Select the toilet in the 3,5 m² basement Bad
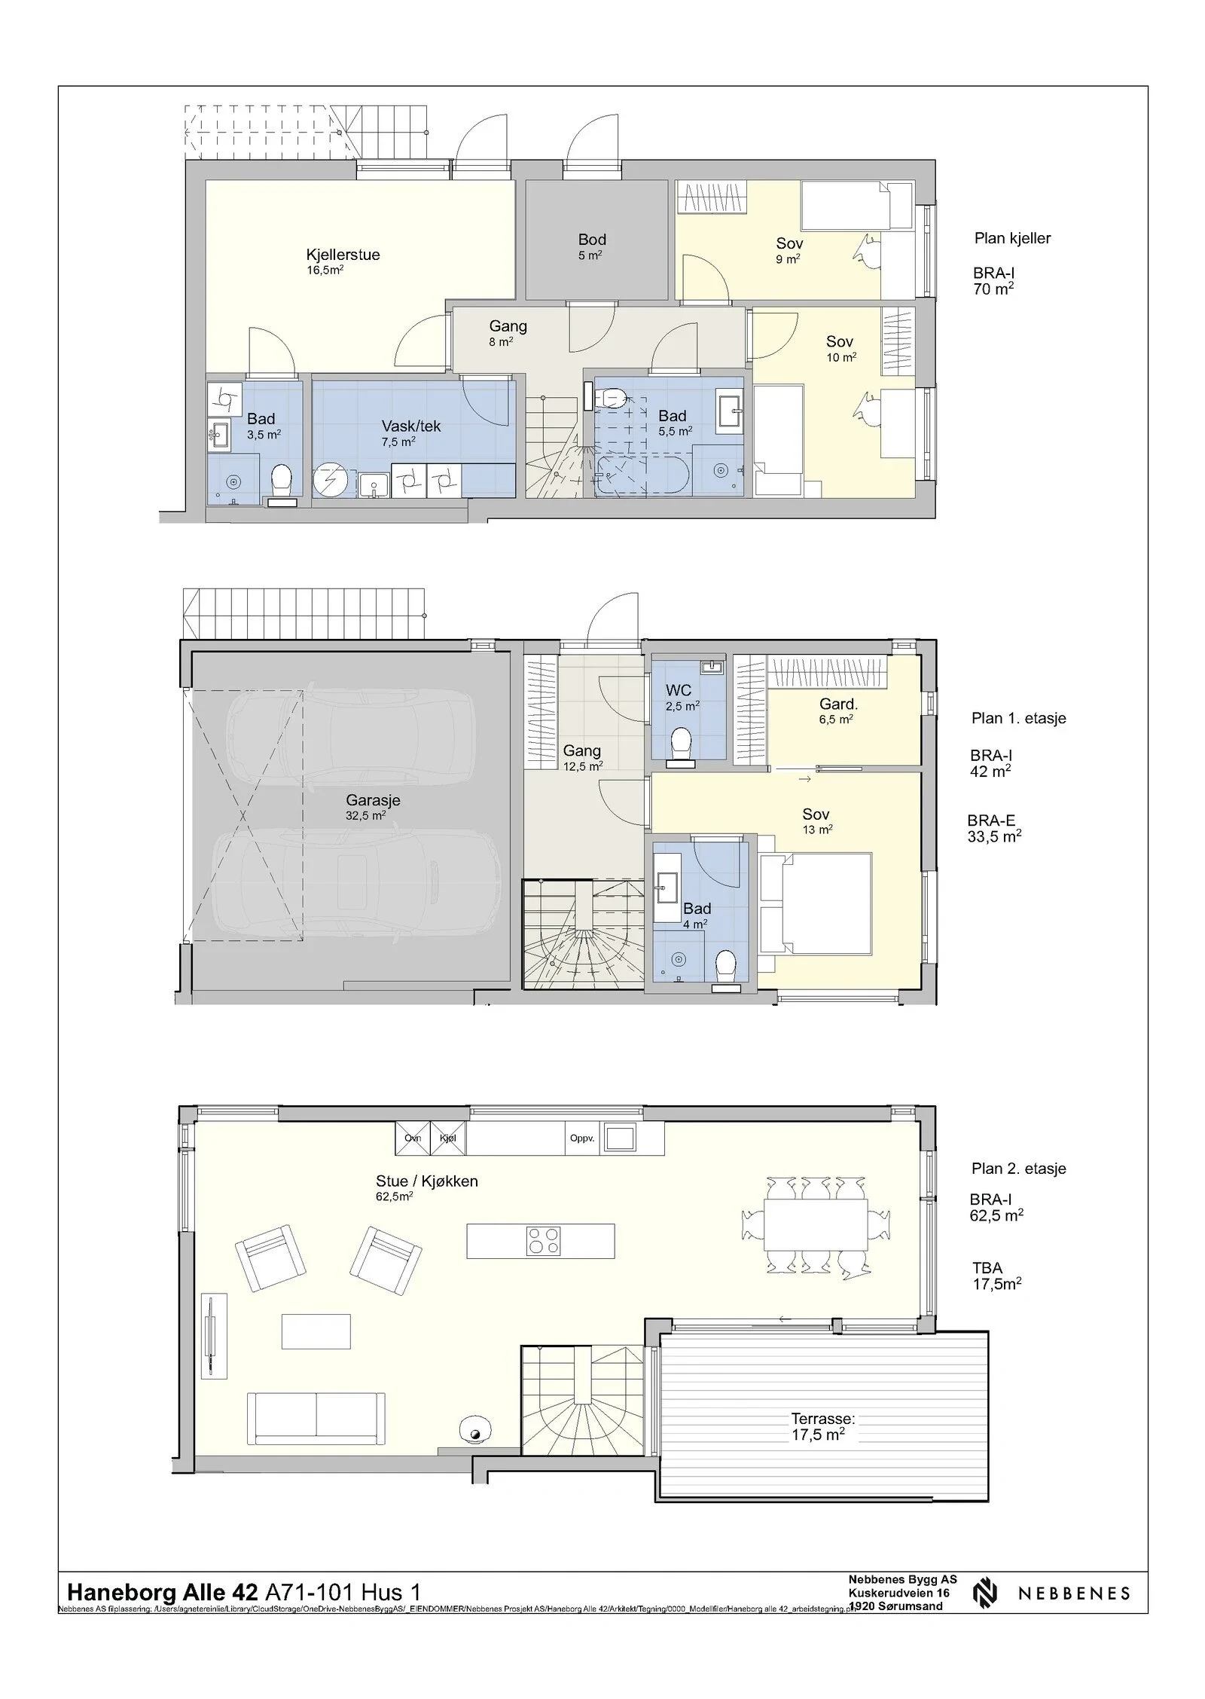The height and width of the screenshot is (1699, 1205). pyautogui.click(x=282, y=480)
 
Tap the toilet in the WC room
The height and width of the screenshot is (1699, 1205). pyautogui.click(x=682, y=744)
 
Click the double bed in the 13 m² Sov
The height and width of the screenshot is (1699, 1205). pyautogui.click(x=816, y=903)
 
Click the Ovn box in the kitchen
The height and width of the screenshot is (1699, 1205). pyautogui.click(x=412, y=1138)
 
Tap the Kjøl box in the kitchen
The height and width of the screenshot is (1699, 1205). pyautogui.click(x=447, y=1138)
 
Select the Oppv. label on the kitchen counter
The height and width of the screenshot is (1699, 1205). pyautogui.click(x=581, y=1138)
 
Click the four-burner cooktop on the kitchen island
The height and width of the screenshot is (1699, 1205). pyautogui.click(x=543, y=1241)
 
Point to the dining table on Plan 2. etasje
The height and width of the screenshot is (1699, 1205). pyautogui.click(x=816, y=1224)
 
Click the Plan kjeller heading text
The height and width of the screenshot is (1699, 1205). pyautogui.click(x=1011, y=238)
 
